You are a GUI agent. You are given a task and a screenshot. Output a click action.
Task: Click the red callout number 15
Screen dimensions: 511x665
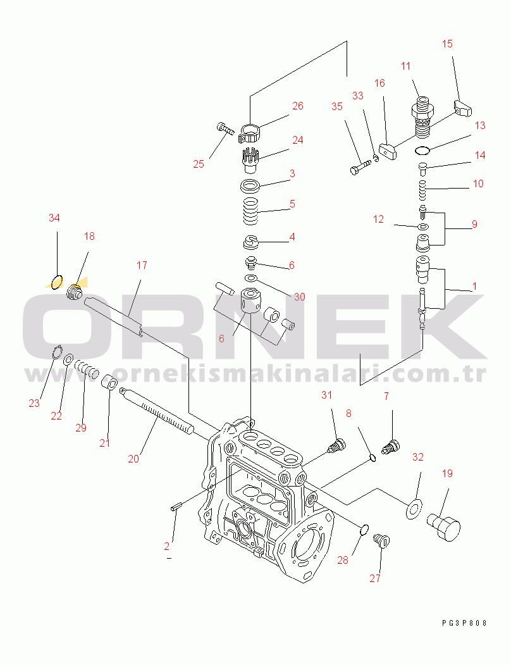(x=447, y=44)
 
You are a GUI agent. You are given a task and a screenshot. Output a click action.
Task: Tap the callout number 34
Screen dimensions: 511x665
(x=54, y=218)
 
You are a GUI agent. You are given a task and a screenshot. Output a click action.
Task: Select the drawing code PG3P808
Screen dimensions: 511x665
(x=464, y=623)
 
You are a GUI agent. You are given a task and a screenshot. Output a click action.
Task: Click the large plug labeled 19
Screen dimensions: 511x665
(x=444, y=525)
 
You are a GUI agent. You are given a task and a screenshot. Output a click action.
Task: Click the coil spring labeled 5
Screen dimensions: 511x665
(x=250, y=211)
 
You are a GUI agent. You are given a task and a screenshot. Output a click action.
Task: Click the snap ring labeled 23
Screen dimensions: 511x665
(x=56, y=352)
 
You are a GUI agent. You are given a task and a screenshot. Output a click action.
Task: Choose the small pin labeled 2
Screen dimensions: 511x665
(x=176, y=506)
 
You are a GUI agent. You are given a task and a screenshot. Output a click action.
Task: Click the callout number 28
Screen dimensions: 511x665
(x=343, y=560)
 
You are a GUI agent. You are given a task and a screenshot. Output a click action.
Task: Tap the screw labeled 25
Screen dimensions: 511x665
(x=225, y=128)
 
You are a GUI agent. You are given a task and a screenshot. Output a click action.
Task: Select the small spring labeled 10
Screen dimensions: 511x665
(x=422, y=190)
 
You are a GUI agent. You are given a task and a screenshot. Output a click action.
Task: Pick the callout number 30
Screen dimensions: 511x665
(x=299, y=297)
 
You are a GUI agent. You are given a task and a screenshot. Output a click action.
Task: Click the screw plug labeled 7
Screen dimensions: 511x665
(x=391, y=447)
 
